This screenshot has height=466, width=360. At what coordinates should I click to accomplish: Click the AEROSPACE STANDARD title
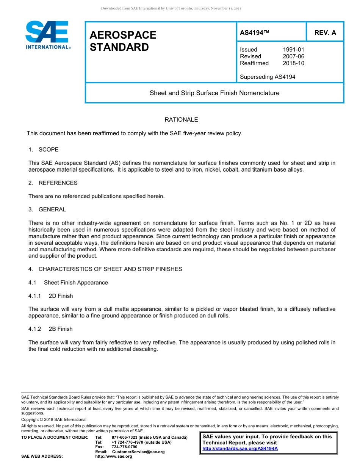pos(123,41)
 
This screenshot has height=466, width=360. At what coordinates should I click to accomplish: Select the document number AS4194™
pos(255,33)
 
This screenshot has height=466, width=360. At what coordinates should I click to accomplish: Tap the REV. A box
pos(325,33)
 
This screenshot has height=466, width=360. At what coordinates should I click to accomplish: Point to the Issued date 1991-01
pos(293,50)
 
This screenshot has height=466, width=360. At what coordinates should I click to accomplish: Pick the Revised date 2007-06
pos(293,56)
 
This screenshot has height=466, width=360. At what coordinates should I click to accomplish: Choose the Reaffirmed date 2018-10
pos(293,63)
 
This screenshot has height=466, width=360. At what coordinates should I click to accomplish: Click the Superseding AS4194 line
pos(268,77)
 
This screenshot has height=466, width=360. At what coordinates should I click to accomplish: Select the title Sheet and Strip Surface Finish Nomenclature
pos(214,93)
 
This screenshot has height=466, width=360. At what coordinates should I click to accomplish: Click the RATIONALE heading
pos(181,120)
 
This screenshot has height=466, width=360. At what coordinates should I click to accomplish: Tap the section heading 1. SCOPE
pos(44,150)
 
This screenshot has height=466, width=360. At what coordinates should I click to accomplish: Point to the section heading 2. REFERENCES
pos(53,183)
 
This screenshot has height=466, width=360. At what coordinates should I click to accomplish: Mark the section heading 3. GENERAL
pos(47,210)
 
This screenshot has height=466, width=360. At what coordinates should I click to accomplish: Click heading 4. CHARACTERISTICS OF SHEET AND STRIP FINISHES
pos(105,269)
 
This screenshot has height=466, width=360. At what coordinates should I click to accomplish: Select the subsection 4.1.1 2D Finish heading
pos(51,296)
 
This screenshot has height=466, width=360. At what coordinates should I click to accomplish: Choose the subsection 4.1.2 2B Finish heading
pos(51,329)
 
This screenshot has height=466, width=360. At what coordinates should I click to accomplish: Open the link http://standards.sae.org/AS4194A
pos(240,449)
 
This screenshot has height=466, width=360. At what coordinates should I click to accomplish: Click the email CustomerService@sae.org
pos(138,452)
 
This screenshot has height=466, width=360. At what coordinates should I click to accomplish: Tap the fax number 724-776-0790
pos(125,447)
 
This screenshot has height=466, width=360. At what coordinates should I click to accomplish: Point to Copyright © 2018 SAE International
pos(54,419)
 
